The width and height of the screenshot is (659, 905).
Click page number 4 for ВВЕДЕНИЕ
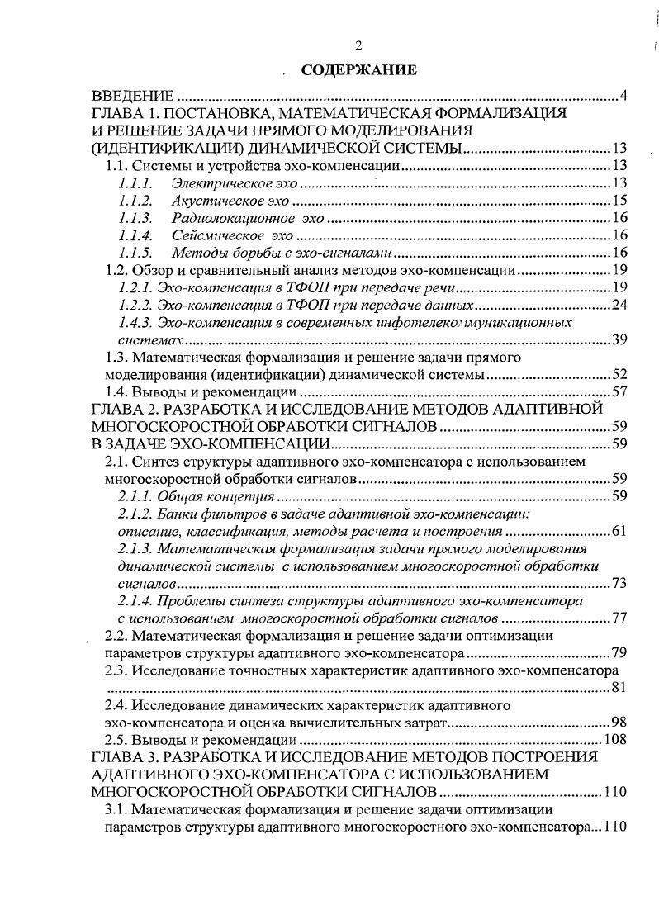tap(623, 97)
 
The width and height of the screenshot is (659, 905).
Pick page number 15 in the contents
tap(619, 201)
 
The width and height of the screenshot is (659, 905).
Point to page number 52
tap(619, 376)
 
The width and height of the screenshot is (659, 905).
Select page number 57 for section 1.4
tap(619, 392)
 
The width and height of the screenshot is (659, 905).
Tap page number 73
tap(619, 584)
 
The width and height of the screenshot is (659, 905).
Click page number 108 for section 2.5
tap(616, 739)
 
